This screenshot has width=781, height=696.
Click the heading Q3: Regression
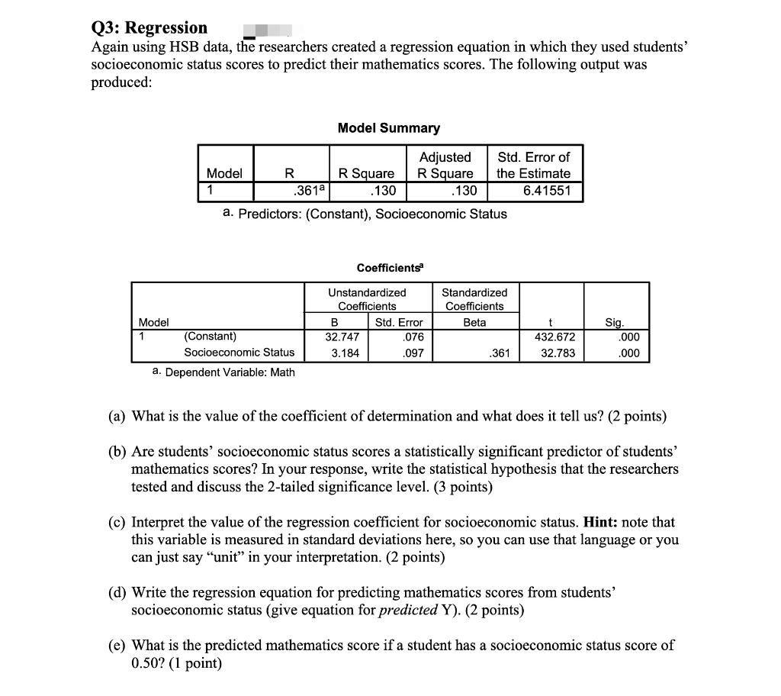click(x=149, y=28)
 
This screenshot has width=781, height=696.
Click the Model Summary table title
click(x=388, y=128)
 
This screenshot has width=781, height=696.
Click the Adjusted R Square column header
click(x=445, y=165)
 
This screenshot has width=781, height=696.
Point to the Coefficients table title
click(x=390, y=268)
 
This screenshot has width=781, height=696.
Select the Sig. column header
click(x=614, y=323)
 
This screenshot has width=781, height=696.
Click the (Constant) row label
click(x=210, y=336)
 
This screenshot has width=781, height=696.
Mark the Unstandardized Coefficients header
click(x=367, y=299)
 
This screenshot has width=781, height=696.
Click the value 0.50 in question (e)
click(x=146, y=662)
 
